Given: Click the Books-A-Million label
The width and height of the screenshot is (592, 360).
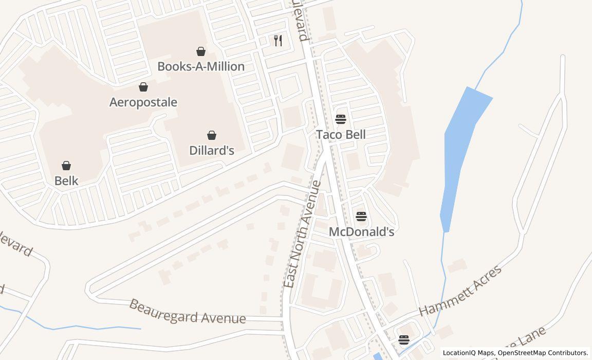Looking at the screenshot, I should pyautogui.click(x=200, y=66).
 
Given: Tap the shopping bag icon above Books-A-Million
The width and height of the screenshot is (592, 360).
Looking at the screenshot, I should pyautogui.click(x=201, y=51).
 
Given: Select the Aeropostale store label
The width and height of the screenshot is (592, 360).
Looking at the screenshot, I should pyautogui.click(x=143, y=102).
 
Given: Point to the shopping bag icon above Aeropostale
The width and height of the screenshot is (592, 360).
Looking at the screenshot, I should pyautogui.click(x=143, y=87).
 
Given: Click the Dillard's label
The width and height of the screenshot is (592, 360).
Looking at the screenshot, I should pyautogui.click(x=212, y=150).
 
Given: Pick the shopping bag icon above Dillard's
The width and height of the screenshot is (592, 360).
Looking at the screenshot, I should pyautogui.click(x=211, y=135).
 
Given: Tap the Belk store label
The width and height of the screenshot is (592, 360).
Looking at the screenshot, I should pyautogui.click(x=66, y=181).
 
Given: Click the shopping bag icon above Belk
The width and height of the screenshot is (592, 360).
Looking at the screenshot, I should pyautogui.click(x=66, y=166).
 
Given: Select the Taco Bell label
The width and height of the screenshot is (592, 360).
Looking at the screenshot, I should pyautogui.click(x=341, y=134).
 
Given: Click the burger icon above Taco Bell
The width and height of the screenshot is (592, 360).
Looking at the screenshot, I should pyautogui.click(x=341, y=119).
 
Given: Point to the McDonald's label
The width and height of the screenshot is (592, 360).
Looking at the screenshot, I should pyautogui.click(x=361, y=231).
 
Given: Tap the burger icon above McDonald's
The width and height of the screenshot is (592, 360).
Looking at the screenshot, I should pyautogui.click(x=361, y=217).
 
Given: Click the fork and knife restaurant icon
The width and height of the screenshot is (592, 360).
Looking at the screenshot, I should pyautogui.click(x=278, y=41).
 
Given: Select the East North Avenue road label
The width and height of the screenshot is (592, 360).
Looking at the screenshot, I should pyautogui.click(x=303, y=234).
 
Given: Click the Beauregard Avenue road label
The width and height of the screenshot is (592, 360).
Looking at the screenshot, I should pyautogui.click(x=187, y=312).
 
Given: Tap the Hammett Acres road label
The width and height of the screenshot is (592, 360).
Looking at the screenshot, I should pyautogui.click(x=460, y=291).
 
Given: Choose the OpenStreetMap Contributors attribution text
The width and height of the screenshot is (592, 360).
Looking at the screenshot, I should pyautogui.click(x=543, y=353).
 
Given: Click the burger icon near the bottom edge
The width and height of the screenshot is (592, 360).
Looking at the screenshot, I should pyautogui.click(x=404, y=339).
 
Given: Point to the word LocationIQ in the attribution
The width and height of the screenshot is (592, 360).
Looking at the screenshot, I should pyautogui.click(x=459, y=353).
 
